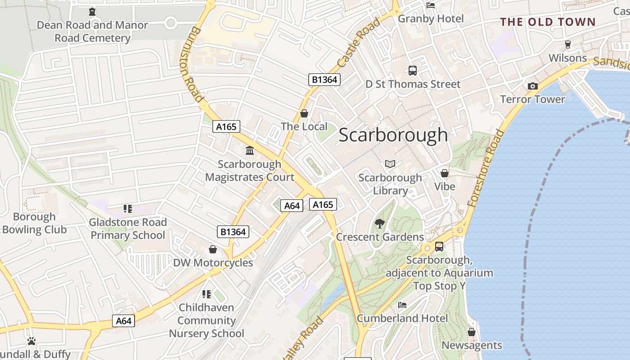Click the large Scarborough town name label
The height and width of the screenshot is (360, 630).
tap(393, 135)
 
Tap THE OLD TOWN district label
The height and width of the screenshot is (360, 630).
tap(548, 22)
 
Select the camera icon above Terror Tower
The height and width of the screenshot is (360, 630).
tap(532, 86)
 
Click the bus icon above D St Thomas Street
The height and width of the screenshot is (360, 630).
tap(412, 70)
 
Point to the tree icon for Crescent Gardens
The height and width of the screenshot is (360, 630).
tap(380, 223)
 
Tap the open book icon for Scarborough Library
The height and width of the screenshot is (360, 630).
tap(390, 164)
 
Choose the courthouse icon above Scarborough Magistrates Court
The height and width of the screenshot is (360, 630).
tap(250, 150)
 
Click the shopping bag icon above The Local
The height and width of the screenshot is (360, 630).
tap(304, 113)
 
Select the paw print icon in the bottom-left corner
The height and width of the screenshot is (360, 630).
tap(31, 341)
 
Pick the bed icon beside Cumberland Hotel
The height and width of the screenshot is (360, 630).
tap(402, 305)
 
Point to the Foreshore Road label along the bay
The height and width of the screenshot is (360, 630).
tap(486, 168)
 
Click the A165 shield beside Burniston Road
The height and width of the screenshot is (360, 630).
tap(226, 127)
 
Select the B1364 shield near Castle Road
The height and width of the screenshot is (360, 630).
tap(324, 80)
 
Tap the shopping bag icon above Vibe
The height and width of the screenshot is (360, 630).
tap(445, 173)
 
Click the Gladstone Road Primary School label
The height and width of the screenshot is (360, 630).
tap(128, 229)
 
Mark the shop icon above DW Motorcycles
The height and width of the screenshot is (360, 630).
tap(213, 249)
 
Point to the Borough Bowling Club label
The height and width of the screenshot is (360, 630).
tap(34, 223)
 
